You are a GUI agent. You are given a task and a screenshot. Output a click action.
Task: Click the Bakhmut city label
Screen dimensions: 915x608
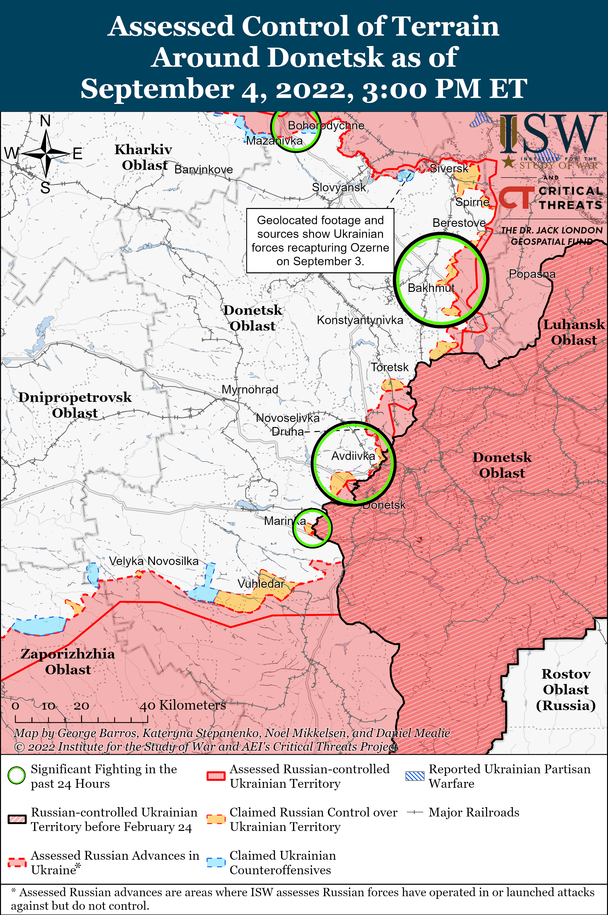[431, 288]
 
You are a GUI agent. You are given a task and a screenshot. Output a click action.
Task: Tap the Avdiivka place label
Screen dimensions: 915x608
[353, 456]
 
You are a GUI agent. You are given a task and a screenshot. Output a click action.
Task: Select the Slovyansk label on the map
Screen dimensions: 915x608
[339, 188]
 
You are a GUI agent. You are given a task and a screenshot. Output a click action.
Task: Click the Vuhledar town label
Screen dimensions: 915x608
[261, 584]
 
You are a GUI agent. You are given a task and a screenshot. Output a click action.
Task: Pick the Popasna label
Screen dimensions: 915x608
[532, 274]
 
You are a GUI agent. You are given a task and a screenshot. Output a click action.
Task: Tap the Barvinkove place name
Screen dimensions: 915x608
[204, 169]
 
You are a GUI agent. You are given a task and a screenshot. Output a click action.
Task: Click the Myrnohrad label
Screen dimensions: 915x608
[250, 390]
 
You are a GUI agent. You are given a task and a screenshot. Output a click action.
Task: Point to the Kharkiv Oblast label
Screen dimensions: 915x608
[144, 157]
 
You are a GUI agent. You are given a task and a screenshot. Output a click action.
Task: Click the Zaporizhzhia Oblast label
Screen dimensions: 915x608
[68, 661]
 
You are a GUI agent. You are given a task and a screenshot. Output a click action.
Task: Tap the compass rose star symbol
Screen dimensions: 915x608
[46, 154]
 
